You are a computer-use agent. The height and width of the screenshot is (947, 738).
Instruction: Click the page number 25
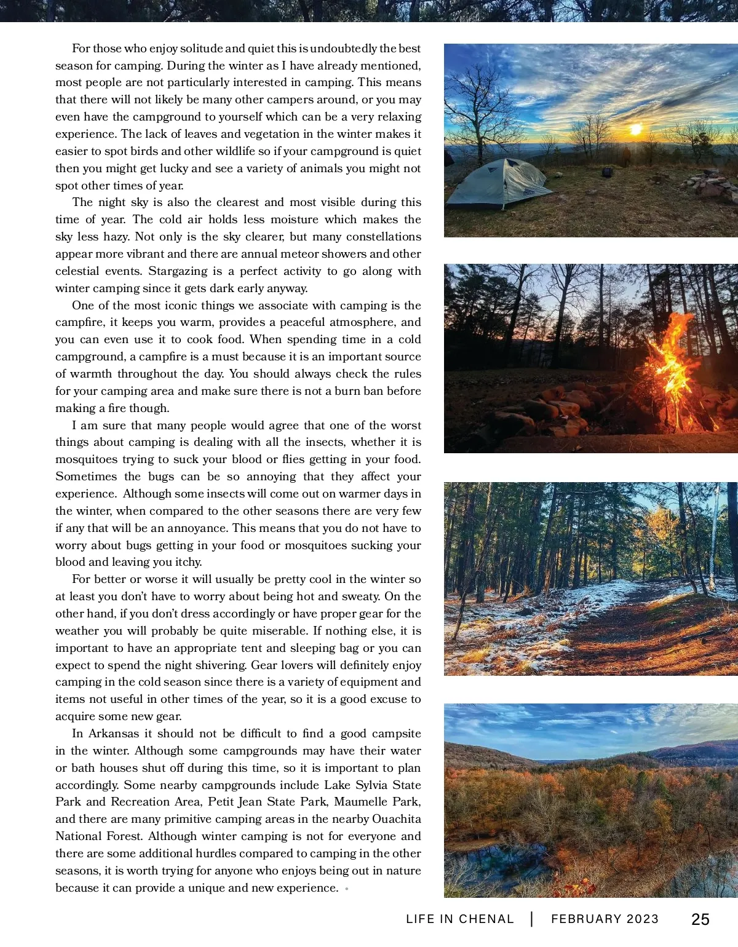700,919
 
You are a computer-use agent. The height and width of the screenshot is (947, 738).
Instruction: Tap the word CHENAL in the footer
486,919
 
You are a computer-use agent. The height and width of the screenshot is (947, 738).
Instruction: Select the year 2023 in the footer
642,919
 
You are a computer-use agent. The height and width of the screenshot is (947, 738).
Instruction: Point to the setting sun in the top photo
636,129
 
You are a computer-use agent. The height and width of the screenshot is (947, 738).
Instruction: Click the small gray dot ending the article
347,889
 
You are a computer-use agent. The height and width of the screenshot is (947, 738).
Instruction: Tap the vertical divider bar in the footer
532,919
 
